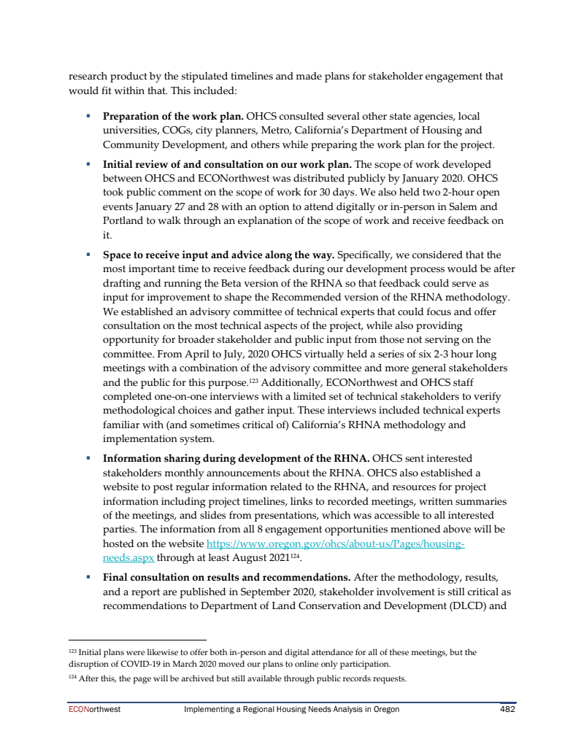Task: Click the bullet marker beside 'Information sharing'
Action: (88, 459)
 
